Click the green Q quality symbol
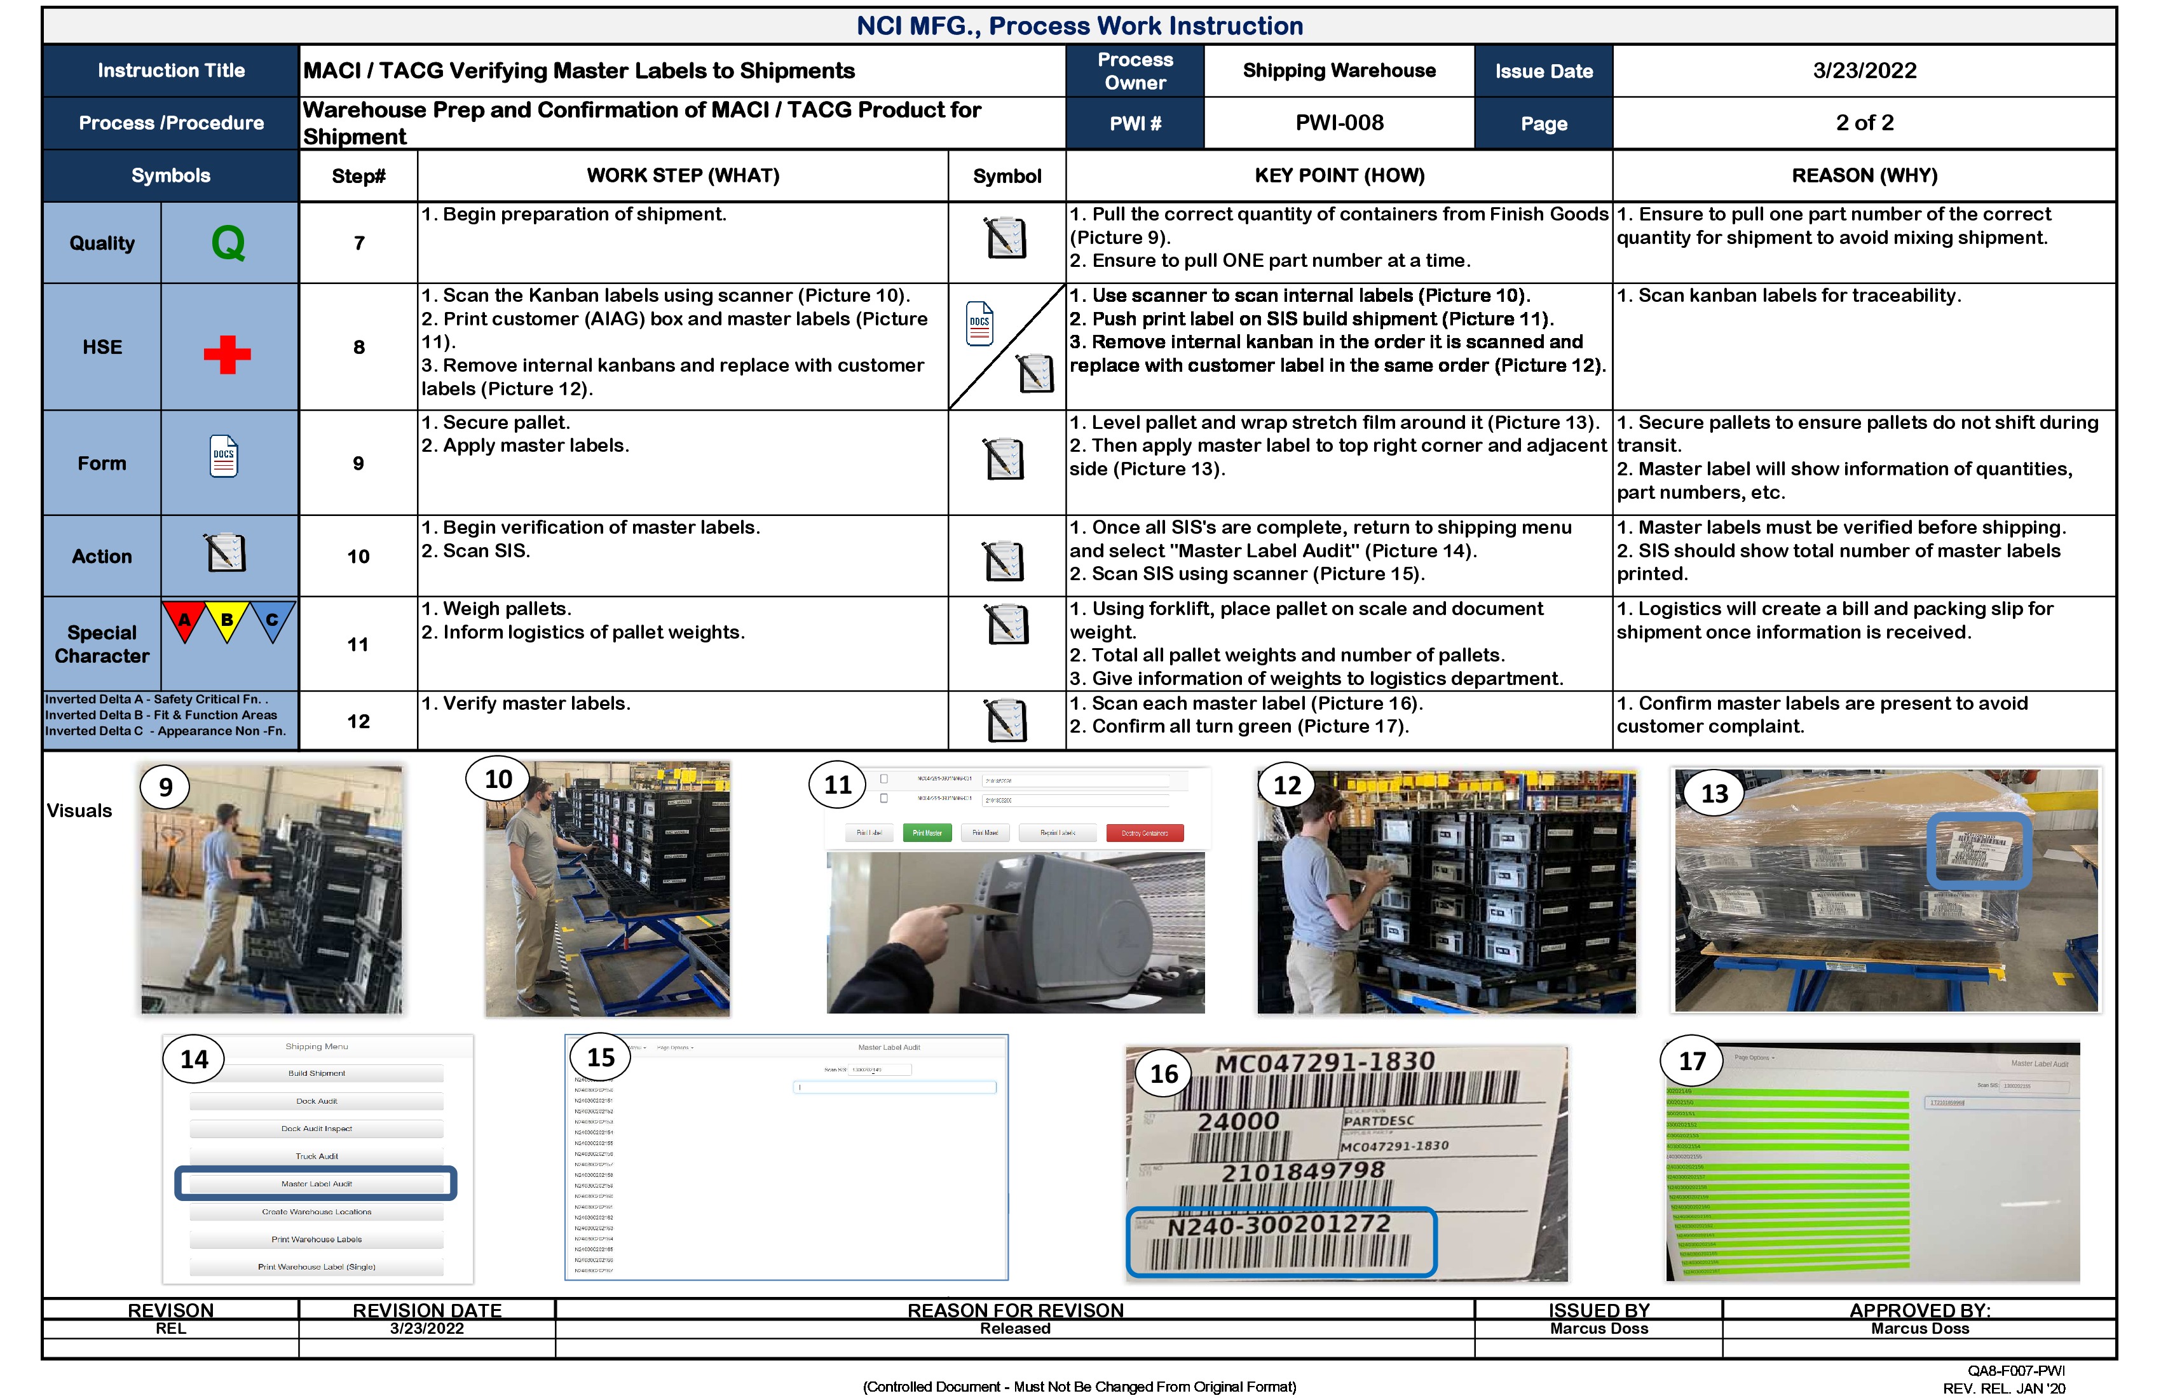point(228,242)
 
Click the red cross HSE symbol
point(227,354)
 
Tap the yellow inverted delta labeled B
point(227,621)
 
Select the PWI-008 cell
point(1339,123)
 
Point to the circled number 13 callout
point(1714,794)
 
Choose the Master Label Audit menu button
point(316,1184)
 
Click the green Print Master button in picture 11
point(926,832)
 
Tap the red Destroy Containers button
point(1144,832)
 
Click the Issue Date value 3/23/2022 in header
point(1864,71)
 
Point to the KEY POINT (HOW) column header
point(1339,175)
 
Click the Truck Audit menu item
point(316,1157)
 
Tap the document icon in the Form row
point(223,457)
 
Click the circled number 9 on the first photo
point(165,787)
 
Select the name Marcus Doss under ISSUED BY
point(1598,1328)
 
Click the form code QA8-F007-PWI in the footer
point(2015,1371)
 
